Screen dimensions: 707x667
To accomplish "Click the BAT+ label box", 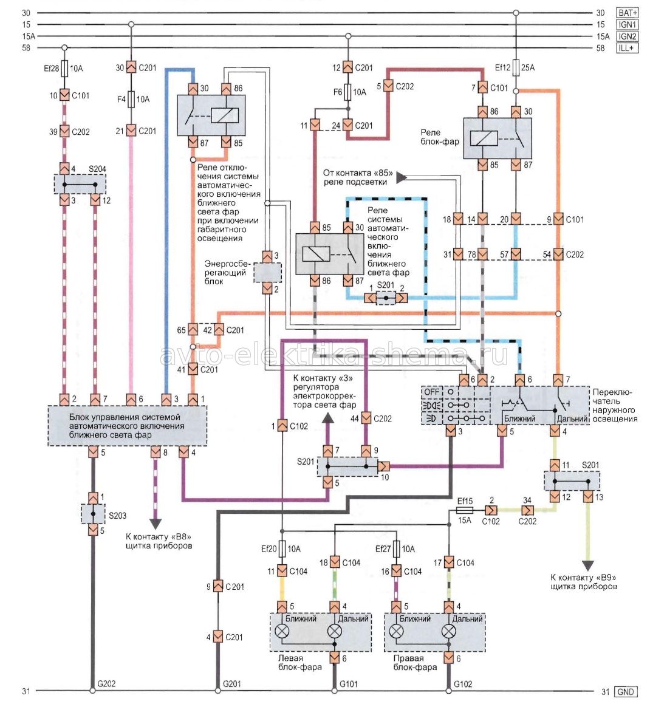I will pyautogui.click(x=627, y=13).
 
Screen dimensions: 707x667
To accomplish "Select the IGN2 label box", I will pyautogui.click(x=627, y=36).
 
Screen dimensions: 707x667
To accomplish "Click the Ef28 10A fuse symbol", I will pyautogui.click(x=65, y=68).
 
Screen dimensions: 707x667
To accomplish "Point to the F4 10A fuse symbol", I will pyautogui.click(x=131, y=98).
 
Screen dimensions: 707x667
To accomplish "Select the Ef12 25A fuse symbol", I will pyautogui.click(x=516, y=67).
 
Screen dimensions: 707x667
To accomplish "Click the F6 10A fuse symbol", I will pyautogui.click(x=347, y=92).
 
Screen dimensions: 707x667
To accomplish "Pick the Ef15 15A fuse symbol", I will pyautogui.click(x=465, y=510).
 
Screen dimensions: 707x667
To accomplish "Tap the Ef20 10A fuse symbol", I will pyautogui.click(x=282, y=548).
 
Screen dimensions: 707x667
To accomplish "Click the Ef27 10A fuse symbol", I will pyautogui.click(x=396, y=548).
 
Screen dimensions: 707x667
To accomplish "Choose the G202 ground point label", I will pyautogui.click(x=106, y=683).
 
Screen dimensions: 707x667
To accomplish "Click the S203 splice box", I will pyautogui.click(x=93, y=514).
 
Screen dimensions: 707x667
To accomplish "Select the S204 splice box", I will pyautogui.click(x=80, y=183).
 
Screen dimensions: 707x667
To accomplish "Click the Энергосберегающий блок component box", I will pyautogui.click(x=267, y=273).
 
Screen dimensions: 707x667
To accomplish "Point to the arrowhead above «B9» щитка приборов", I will pyautogui.click(x=587, y=563).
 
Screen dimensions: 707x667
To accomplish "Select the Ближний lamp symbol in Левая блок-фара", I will pyautogui.click(x=282, y=632).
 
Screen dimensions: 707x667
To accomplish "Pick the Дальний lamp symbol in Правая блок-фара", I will pyautogui.click(x=448, y=632).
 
